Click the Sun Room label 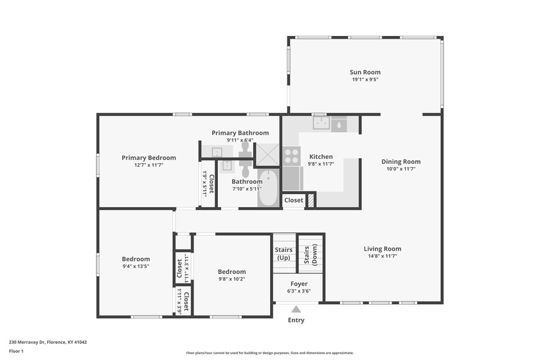point(365,72)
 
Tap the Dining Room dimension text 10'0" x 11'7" point(401,169)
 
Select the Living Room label point(382,249)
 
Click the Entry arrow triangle point(296,309)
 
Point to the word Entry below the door point(296,320)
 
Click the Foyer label point(299,284)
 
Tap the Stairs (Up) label point(283,254)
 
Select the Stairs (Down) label point(310,255)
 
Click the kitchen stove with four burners point(291,156)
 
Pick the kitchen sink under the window point(321,123)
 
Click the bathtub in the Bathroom point(268,188)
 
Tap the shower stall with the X point(267,155)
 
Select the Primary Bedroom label point(148,157)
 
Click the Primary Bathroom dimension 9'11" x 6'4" point(240,140)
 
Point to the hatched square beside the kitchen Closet point(311,201)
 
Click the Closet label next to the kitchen point(294,200)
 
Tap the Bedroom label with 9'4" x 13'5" point(136,259)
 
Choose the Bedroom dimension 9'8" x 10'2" point(232,279)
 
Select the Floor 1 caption point(16,352)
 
